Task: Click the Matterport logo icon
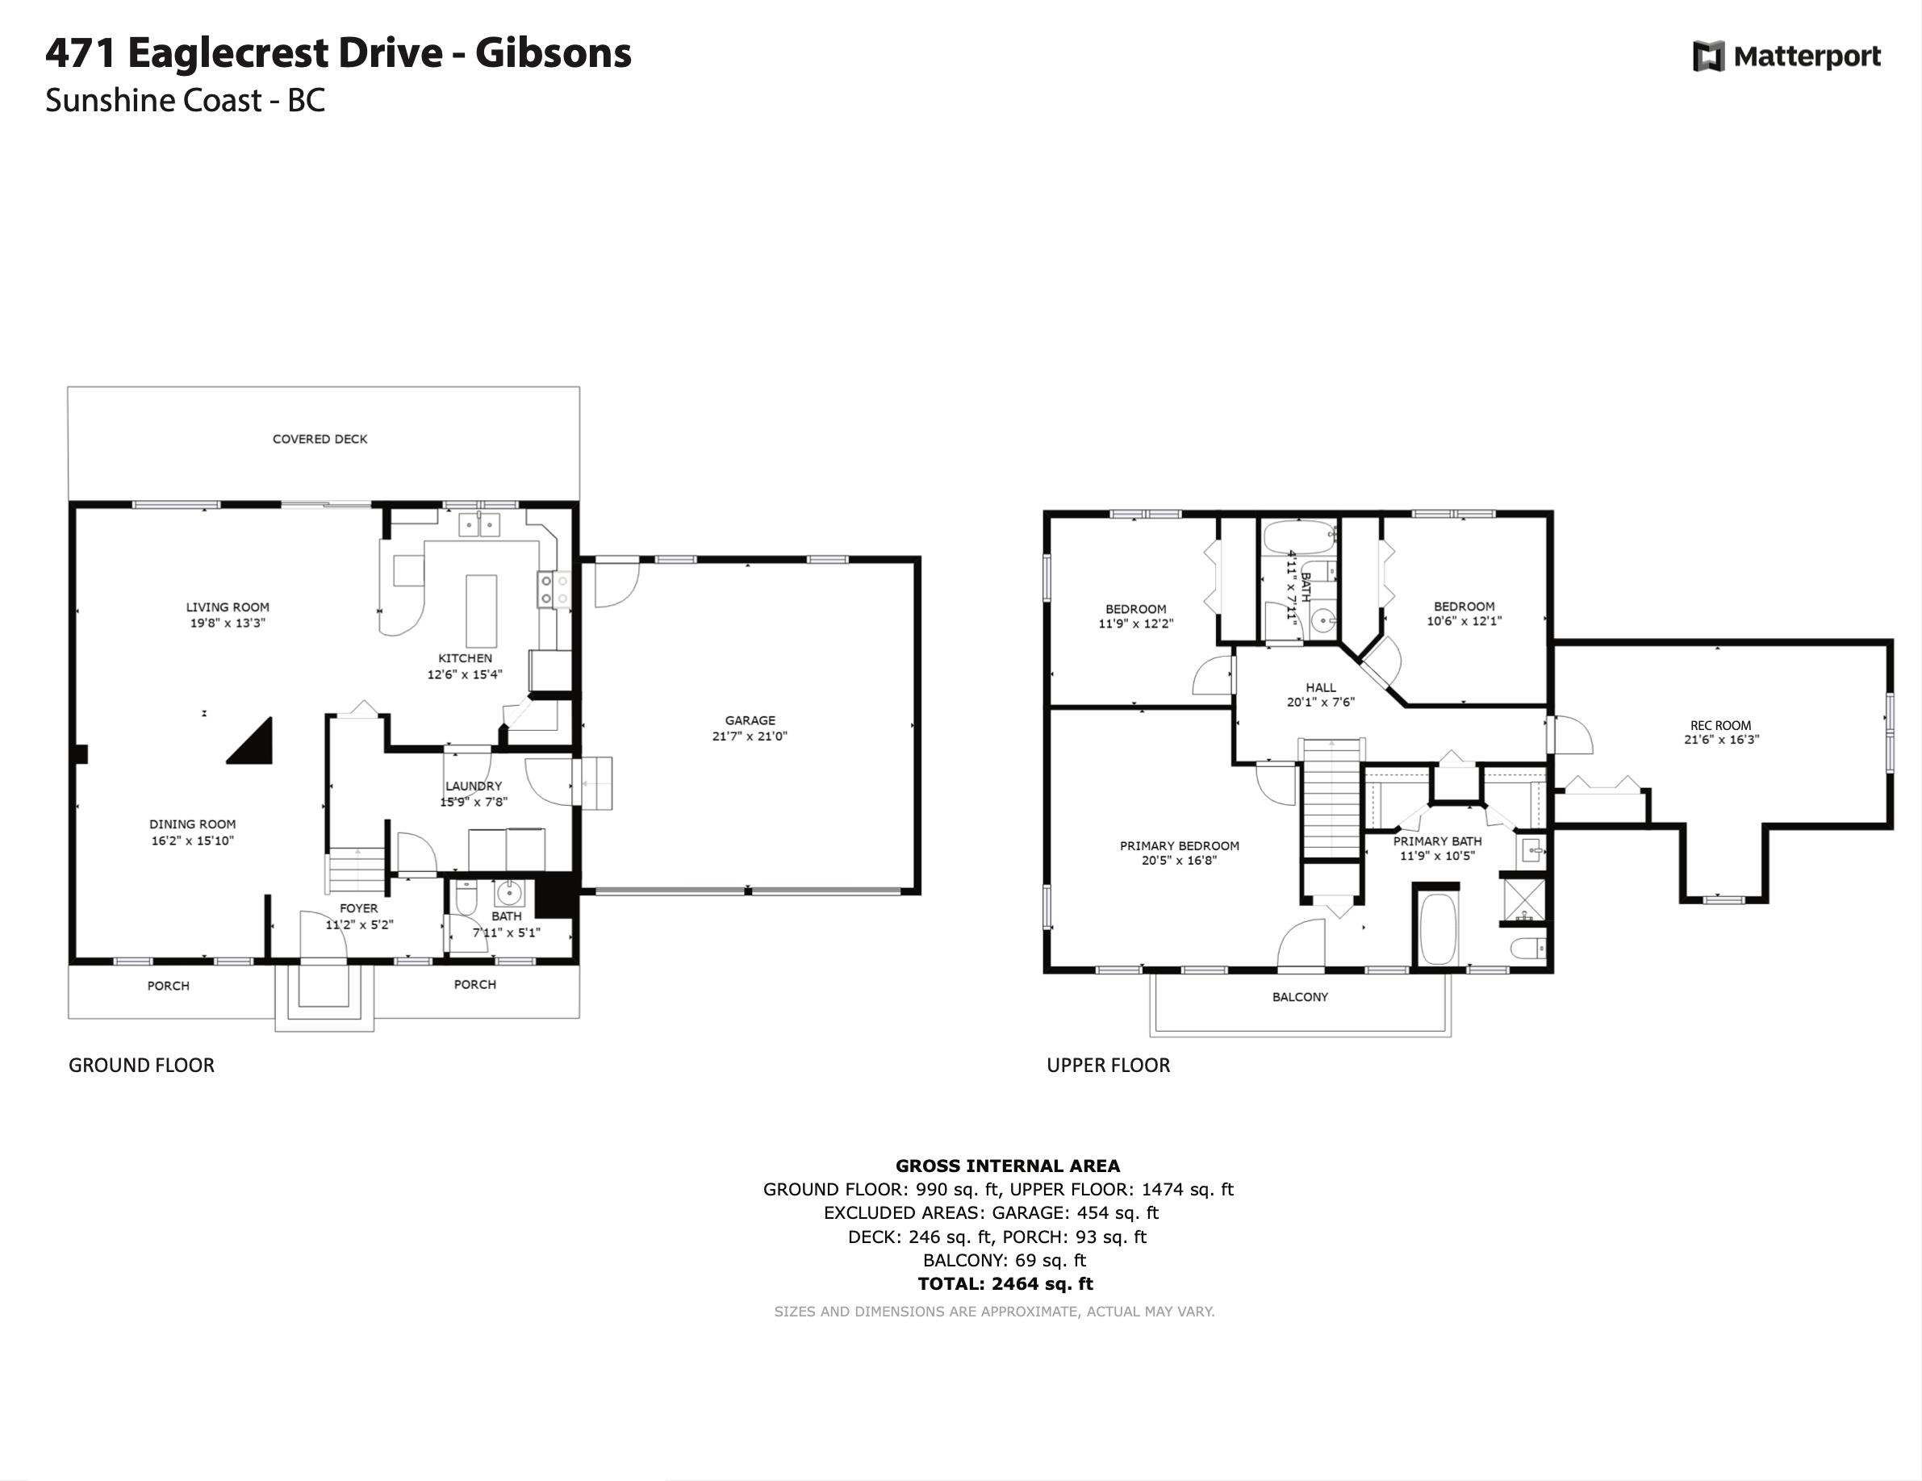pos(1709,56)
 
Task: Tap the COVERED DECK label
pos(320,439)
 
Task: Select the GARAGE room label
pos(750,720)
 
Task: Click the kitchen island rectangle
pos(481,611)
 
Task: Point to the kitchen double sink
pos(478,525)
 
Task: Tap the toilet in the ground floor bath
pos(466,897)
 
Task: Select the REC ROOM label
pos(1720,726)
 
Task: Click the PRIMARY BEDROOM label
pos(1179,845)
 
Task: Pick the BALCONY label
pos(1300,997)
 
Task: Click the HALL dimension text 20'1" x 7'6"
pos(1320,703)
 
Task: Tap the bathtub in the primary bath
pos(1438,929)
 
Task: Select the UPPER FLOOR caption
pos(1108,1066)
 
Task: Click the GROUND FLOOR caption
pos(142,1066)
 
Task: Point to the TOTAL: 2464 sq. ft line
pos(1006,1284)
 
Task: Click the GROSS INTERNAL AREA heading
pos(1008,1166)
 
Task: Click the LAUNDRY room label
pos(474,786)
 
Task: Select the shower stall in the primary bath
pos(1524,899)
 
